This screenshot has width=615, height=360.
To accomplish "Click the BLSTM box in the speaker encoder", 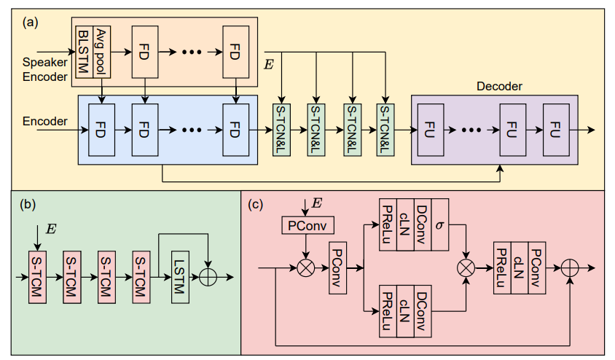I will click(x=83, y=50).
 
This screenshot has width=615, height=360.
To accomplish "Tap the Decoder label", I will click(x=499, y=86).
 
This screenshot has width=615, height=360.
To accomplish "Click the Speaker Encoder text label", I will click(x=44, y=69).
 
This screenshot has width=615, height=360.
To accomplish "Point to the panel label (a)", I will click(x=31, y=22).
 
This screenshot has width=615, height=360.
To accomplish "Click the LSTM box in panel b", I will click(x=180, y=277).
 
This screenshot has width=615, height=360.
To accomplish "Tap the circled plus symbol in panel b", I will click(x=208, y=278).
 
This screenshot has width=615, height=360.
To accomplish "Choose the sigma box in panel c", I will click(x=439, y=225).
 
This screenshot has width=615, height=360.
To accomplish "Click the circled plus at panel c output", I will click(x=568, y=267).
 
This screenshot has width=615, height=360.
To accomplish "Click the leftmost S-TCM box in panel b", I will click(x=37, y=277).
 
